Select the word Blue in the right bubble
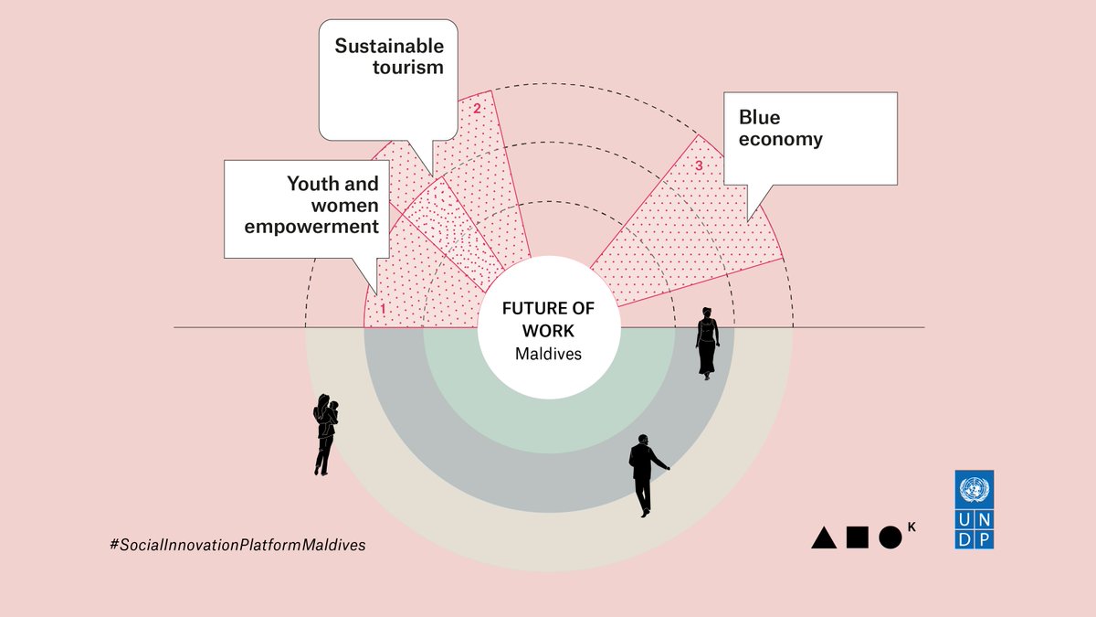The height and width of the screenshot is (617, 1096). tap(760, 117)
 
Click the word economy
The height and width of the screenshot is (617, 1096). tap(781, 140)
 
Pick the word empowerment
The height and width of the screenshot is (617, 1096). tap(311, 226)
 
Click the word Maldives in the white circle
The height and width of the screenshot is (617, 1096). tap(548, 354)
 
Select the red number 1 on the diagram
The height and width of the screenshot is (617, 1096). tap(383, 309)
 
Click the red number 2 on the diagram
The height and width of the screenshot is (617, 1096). tap(476, 109)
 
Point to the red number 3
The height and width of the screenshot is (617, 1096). tap(699, 166)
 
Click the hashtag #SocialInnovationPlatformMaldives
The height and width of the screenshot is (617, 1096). tap(237, 544)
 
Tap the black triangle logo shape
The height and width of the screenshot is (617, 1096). tap(824, 537)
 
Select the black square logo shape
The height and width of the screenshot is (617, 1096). tap(857, 537)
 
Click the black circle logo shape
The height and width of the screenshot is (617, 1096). tap(890, 537)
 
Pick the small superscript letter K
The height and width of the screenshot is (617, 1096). tap(911, 525)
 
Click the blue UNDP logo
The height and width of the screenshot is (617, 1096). tap(975, 509)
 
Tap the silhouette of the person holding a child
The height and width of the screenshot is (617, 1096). tap(325, 434)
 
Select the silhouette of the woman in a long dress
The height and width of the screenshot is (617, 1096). tap(707, 343)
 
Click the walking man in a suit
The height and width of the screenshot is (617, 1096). tap(645, 474)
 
